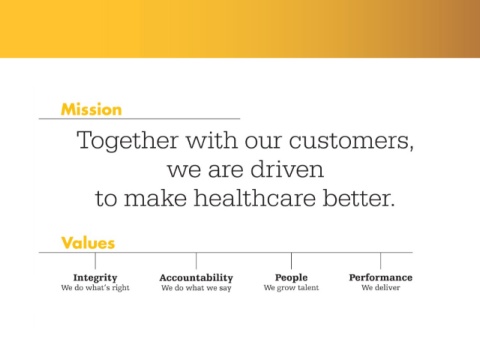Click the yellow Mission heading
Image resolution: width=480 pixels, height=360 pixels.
(91, 109)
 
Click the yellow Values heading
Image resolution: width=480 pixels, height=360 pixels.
(88, 243)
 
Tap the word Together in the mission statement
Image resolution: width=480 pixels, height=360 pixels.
(127, 141)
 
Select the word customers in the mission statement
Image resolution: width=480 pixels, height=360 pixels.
(351, 141)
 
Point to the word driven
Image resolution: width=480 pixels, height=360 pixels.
(287, 169)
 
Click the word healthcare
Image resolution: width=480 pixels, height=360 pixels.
(255, 198)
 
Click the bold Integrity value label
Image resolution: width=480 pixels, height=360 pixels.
(95, 278)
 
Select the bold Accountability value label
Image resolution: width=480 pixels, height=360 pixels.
(196, 278)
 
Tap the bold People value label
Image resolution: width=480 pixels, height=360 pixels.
(291, 278)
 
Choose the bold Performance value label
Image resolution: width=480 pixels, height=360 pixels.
(381, 277)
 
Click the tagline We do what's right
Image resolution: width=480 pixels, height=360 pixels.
(95, 288)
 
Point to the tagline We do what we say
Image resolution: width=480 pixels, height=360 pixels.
(196, 288)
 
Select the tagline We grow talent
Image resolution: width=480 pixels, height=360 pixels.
(291, 288)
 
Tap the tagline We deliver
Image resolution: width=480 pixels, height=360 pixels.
(381, 288)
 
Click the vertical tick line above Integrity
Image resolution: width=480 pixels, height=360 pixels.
(95, 261)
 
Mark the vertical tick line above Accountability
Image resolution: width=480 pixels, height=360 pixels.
(196, 261)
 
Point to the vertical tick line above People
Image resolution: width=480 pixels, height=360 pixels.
(291, 261)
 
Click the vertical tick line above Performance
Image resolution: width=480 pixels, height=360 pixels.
(381, 261)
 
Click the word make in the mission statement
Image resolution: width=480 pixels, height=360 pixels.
(155, 198)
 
